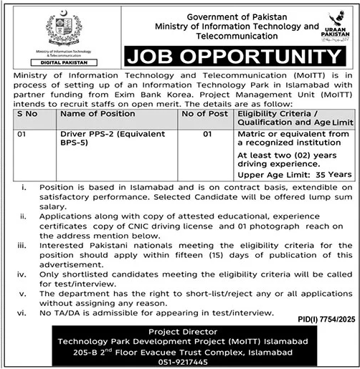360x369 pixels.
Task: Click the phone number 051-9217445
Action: (x=180, y=363)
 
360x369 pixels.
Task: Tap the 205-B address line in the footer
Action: (x=180, y=353)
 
